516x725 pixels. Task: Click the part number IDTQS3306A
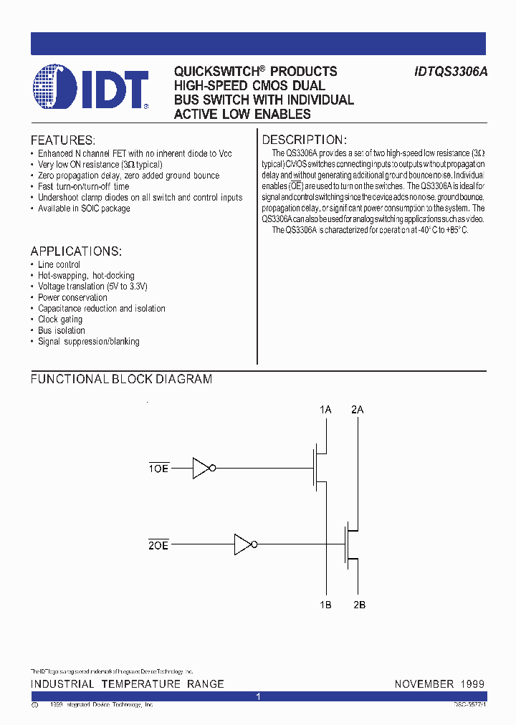pyautogui.click(x=451, y=72)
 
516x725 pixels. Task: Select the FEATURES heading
pyautogui.click(x=63, y=140)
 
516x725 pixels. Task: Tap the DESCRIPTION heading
pyautogui.click(x=305, y=140)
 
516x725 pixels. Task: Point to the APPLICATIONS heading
pyautogui.click(x=76, y=251)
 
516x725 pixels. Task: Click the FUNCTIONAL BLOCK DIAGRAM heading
pyautogui.click(x=121, y=379)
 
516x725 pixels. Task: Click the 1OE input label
pyautogui.click(x=158, y=469)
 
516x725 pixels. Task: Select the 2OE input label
pyautogui.click(x=158, y=545)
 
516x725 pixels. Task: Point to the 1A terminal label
pyautogui.click(x=325, y=410)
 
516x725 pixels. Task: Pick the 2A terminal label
pyautogui.click(x=357, y=410)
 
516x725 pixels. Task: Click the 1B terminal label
pyautogui.click(x=325, y=605)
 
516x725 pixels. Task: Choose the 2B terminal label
pyautogui.click(x=358, y=605)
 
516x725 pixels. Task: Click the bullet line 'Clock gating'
pyautogui.click(x=60, y=320)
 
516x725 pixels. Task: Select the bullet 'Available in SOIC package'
pyautogui.click(x=84, y=208)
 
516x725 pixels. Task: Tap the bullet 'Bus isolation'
pyautogui.click(x=62, y=330)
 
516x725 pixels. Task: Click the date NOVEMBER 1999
pyautogui.click(x=439, y=684)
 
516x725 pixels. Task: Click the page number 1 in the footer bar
pyautogui.click(x=258, y=696)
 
